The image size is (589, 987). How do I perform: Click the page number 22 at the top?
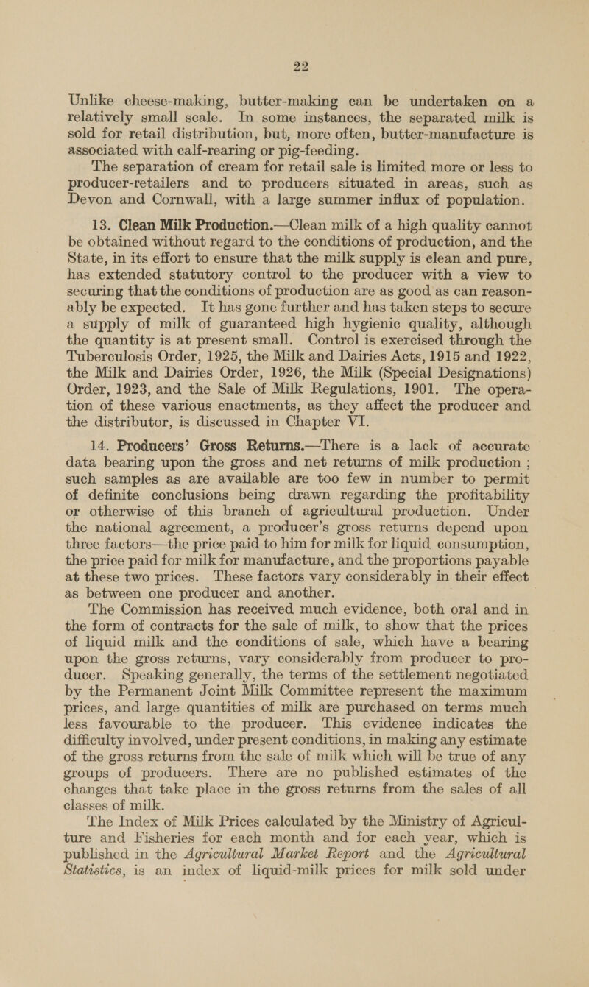click(294, 23)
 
